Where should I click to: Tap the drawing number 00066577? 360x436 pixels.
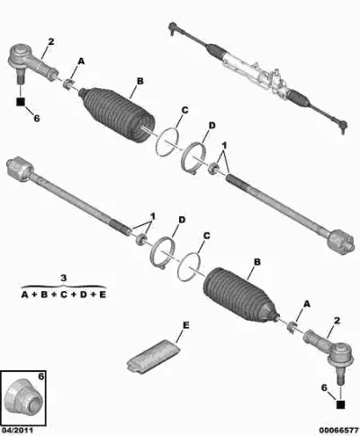338,430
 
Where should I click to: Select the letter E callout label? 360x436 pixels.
186,325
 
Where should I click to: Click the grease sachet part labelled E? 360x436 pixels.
153,356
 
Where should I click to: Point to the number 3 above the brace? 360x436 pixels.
64,277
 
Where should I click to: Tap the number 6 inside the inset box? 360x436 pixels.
41,377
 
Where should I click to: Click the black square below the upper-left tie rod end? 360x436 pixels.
21,102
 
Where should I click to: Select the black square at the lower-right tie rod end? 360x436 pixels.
340,404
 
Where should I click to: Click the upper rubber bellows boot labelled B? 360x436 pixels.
117,115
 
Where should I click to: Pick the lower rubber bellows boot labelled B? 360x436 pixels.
240,295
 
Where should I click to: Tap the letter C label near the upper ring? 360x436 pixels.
184,110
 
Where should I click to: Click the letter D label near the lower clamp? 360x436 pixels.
182,220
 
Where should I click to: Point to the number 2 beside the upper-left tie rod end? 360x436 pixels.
51,41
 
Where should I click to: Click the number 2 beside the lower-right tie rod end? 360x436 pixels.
337,321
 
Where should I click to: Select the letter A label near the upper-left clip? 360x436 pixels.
81,61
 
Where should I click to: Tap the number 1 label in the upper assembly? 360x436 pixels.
224,146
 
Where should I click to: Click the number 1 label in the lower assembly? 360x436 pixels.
153,216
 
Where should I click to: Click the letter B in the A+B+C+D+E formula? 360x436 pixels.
44,295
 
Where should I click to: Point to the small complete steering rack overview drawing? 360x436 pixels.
258,78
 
